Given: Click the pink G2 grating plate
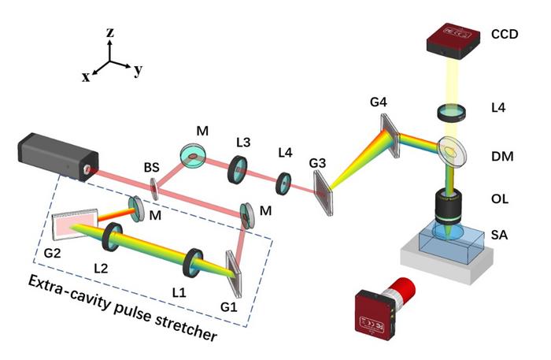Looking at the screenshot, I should click(x=75, y=225).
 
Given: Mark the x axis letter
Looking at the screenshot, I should click(x=85, y=76).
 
